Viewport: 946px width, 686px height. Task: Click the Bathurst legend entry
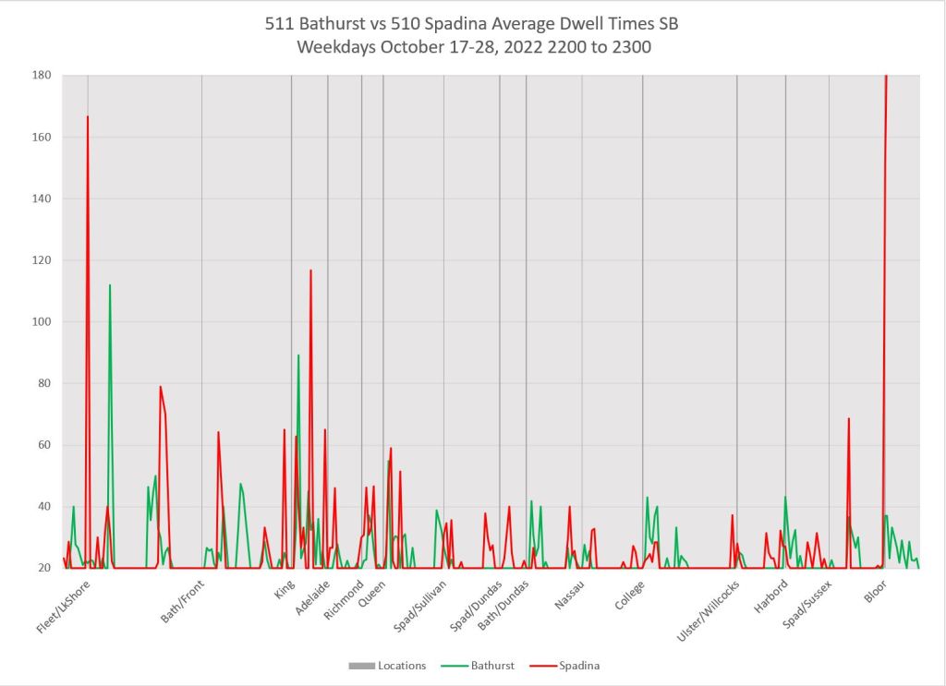pos(490,665)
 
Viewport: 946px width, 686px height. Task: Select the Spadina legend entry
pos(579,665)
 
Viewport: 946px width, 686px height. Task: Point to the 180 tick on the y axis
pos(43,75)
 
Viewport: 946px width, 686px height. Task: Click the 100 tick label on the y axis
pos(43,321)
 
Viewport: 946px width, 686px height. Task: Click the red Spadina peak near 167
pos(88,117)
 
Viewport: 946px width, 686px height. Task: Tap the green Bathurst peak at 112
pos(110,285)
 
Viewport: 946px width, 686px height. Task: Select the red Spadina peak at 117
pos(310,271)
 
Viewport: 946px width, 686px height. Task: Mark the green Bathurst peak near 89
pos(298,355)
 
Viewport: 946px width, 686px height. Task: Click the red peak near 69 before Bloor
pos(848,419)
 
